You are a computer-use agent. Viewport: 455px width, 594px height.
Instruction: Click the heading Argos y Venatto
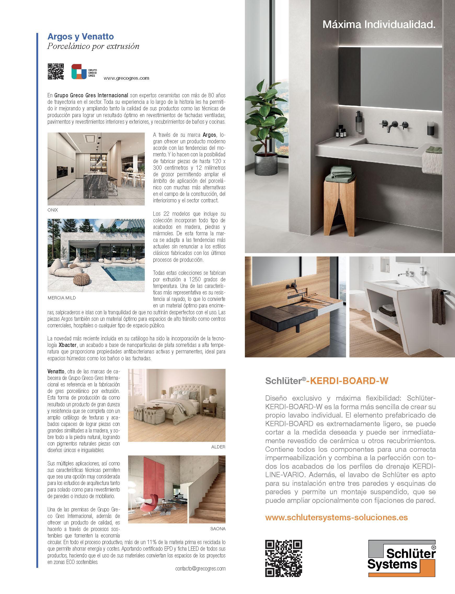point(81,36)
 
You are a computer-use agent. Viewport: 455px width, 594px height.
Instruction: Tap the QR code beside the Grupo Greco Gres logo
point(56,72)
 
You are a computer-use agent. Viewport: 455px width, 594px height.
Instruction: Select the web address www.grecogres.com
point(126,78)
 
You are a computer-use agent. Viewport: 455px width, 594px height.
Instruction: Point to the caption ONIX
point(53,210)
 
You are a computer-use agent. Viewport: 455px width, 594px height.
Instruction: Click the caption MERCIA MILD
point(61,298)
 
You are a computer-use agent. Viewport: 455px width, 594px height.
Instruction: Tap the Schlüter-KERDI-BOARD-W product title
point(327,381)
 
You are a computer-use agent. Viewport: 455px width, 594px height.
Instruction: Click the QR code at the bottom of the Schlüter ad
point(283,561)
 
